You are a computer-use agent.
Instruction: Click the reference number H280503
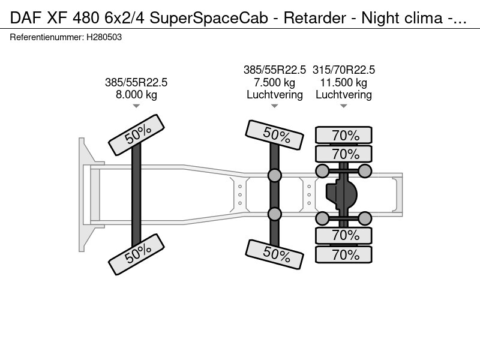coord(104,37)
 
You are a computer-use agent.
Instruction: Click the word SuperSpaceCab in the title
coord(209,18)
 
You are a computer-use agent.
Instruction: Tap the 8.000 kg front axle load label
coord(136,95)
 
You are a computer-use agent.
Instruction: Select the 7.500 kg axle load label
coord(275,82)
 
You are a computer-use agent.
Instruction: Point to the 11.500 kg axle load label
coord(343,82)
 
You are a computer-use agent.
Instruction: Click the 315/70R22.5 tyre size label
coord(343,70)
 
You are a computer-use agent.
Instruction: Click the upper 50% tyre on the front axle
coord(137,135)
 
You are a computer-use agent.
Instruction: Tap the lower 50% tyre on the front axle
coord(137,254)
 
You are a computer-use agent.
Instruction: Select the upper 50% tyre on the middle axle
coord(275,135)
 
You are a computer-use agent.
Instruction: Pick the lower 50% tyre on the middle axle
coord(275,254)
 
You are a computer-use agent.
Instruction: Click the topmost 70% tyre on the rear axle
coord(344,135)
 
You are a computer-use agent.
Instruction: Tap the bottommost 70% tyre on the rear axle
coord(344,254)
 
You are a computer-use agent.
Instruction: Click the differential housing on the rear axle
coord(341,194)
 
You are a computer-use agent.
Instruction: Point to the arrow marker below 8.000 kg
coord(136,106)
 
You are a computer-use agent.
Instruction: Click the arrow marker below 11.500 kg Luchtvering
coord(343,106)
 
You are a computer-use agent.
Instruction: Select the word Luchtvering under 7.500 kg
coord(275,95)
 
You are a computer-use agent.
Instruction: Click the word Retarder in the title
coord(314,18)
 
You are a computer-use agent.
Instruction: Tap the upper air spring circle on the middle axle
coord(275,175)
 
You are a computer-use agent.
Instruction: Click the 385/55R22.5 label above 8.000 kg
coord(136,82)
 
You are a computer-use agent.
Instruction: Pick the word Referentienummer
coord(47,37)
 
